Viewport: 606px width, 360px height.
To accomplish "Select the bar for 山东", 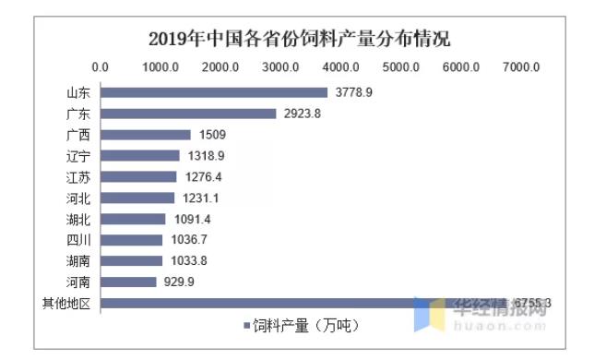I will point(214,92).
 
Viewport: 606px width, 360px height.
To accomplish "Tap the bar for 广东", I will point(188,114).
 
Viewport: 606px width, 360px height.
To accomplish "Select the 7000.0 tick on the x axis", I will point(521,66).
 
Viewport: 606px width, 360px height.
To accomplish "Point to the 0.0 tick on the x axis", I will point(101,66).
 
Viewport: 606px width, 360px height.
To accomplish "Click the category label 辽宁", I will point(77,156).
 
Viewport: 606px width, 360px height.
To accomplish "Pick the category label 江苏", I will point(77,177).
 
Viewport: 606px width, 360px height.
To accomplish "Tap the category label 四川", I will point(77,240).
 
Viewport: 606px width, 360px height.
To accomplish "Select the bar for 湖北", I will point(133,219).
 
